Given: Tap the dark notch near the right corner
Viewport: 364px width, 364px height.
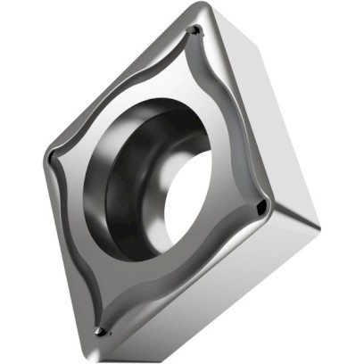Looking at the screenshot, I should [261, 207].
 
